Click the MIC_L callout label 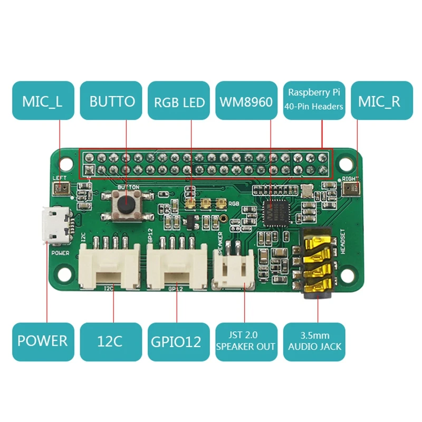(x=43, y=101)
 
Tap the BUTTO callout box (x=111, y=101)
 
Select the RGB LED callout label (x=179, y=101)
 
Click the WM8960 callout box (x=246, y=101)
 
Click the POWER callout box (x=43, y=341)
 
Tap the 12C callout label (x=111, y=341)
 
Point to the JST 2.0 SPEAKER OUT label (x=246, y=341)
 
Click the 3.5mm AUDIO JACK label (x=315, y=341)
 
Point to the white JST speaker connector (x=234, y=269)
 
